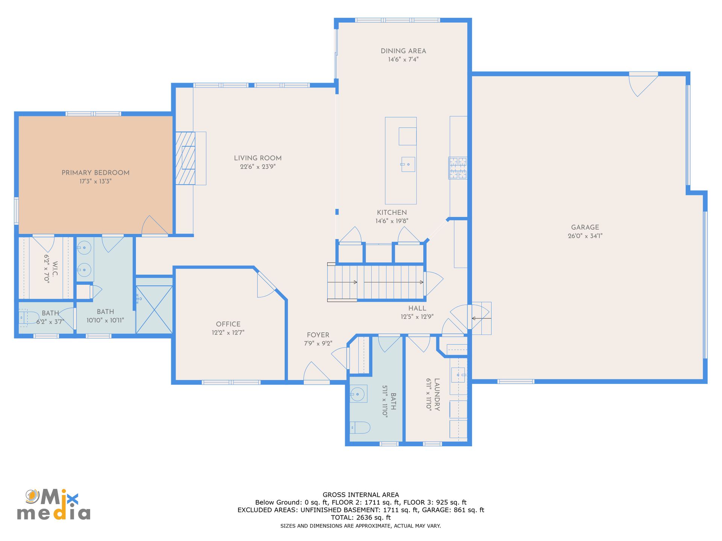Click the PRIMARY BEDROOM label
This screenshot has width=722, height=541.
pyautogui.click(x=96, y=173)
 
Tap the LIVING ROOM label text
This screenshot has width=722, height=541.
pyautogui.click(x=258, y=158)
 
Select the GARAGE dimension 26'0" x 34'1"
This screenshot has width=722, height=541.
pyautogui.click(x=585, y=236)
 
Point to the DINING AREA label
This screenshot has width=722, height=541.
pyautogui.click(x=403, y=51)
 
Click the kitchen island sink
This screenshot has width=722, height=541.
pyautogui.click(x=408, y=165)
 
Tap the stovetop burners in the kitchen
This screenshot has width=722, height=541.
pyautogui.click(x=458, y=168)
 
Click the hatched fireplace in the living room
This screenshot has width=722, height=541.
pyautogui.click(x=185, y=158)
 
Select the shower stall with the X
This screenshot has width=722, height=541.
pyautogui.click(x=154, y=310)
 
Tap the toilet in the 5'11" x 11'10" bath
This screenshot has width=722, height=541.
pyautogui.click(x=360, y=428)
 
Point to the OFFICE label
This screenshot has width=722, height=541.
pyautogui.click(x=228, y=324)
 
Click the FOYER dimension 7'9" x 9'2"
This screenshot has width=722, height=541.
pyautogui.click(x=318, y=343)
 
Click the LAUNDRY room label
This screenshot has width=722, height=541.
pyautogui.click(x=437, y=394)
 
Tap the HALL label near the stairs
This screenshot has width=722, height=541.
pyautogui.click(x=417, y=308)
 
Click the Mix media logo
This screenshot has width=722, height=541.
pyautogui.click(x=54, y=505)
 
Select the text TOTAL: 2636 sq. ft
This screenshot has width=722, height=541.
pyautogui.click(x=361, y=517)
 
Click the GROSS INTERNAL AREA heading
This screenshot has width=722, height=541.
pyautogui.click(x=361, y=495)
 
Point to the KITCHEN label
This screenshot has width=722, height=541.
pyautogui.click(x=392, y=213)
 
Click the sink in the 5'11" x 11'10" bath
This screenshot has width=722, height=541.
pyautogui.click(x=358, y=394)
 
